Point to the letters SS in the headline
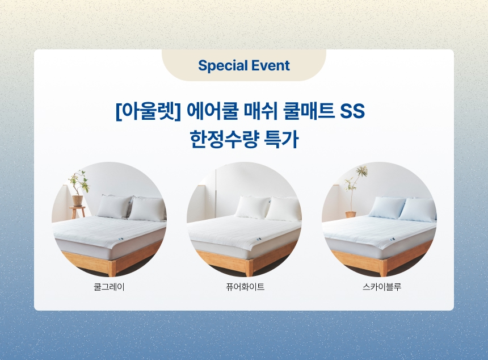coord(352,111)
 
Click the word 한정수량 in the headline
coord(224,139)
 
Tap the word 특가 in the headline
coord(281,139)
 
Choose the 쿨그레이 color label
coord(109,287)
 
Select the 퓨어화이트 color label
coord(245,287)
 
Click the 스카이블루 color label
coord(382,287)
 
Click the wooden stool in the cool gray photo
coord(78,212)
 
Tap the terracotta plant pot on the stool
coord(78,200)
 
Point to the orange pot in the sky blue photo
coord(351,215)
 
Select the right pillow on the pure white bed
coord(285,209)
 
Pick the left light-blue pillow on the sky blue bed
coord(387,207)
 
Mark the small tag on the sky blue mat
coord(391,239)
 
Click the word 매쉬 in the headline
coord(261,111)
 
